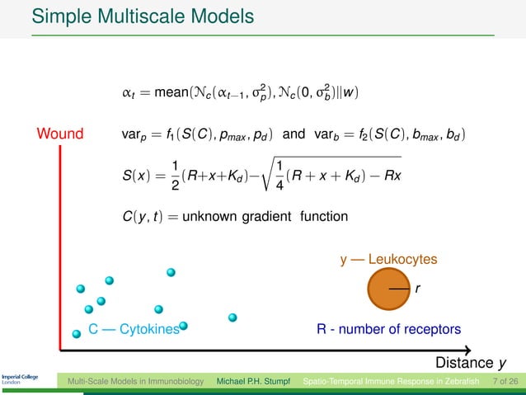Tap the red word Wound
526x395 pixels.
[x=60, y=134]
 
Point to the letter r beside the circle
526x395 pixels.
[x=418, y=289]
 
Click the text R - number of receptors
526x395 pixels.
[x=388, y=330]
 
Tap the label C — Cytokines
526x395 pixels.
[x=134, y=330]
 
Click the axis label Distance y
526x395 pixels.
[x=470, y=363]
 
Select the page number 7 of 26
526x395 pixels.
[x=504, y=382]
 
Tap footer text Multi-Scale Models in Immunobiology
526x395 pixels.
[x=135, y=382]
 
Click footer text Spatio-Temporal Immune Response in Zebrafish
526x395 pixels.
[x=394, y=382]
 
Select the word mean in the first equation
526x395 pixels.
[x=169, y=90]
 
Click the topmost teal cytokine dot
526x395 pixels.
[x=171, y=271]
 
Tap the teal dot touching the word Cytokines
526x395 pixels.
[x=184, y=327]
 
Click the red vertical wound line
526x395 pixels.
[x=60, y=247]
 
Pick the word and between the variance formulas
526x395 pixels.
[x=294, y=134]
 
